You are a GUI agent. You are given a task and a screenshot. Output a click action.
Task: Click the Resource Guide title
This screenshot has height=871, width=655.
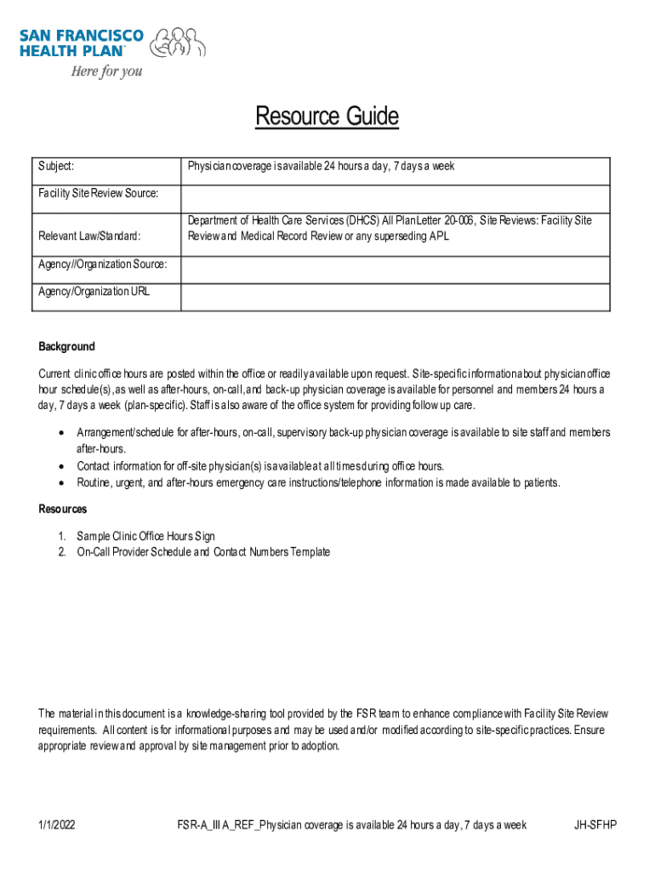tap(327, 117)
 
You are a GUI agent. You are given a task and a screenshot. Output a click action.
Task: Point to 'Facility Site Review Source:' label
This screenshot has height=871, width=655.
tap(99, 193)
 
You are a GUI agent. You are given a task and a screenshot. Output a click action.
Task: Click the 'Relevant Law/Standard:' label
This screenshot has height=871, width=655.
tap(89, 236)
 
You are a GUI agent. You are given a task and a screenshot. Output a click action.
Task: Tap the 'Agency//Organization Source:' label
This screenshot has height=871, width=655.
tap(102, 265)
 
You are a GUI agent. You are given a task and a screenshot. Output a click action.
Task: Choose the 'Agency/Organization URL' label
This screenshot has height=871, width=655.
tap(94, 292)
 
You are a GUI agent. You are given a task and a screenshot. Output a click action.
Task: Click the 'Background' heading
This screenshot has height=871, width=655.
tap(66, 347)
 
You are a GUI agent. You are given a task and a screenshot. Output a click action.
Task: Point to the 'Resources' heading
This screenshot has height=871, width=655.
tap(62, 510)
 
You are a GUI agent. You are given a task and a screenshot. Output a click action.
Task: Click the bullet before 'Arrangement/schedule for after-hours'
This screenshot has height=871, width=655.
tap(61, 433)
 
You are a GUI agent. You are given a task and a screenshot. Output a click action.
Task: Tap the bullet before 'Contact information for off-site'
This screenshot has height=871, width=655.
tap(61, 466)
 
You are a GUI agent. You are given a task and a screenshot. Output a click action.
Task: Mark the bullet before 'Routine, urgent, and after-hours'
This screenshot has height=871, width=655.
tap(61, 483)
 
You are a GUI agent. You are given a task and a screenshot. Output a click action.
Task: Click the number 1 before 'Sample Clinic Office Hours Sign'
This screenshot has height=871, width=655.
tap(62, 537)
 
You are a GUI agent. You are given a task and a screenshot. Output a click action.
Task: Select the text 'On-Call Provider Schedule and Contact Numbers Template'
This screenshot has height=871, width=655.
tap(203, 553)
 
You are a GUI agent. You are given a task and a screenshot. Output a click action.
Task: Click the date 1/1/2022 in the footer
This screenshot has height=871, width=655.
tap(56, 825)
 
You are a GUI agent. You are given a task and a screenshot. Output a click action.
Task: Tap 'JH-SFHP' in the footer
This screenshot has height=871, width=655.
tap(595, 825)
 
